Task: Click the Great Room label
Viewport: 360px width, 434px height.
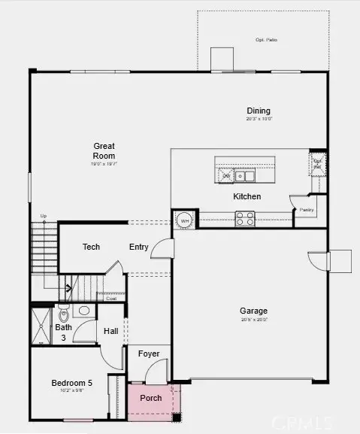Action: click(103, 150)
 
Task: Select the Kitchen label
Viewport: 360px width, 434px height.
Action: click(247, 196)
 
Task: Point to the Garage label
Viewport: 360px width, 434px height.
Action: click(253, 311)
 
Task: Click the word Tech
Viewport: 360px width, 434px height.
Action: click(91, 247)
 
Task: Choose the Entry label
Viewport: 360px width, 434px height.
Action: click(138, 247)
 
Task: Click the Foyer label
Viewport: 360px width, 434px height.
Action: click(149, 354)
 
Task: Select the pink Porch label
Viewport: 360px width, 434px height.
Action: click(151, 398)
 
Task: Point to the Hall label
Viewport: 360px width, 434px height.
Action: click(110, 331)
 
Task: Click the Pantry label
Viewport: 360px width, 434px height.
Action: click(306, 210)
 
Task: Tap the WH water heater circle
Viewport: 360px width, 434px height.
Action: click(184, 220)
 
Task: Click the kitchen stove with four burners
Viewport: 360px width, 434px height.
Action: click(246, 218)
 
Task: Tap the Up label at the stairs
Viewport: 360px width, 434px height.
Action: click(44, 217)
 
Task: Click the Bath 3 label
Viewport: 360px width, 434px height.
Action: click(63, 332)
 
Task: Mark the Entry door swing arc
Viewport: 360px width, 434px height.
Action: click(161, 250)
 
